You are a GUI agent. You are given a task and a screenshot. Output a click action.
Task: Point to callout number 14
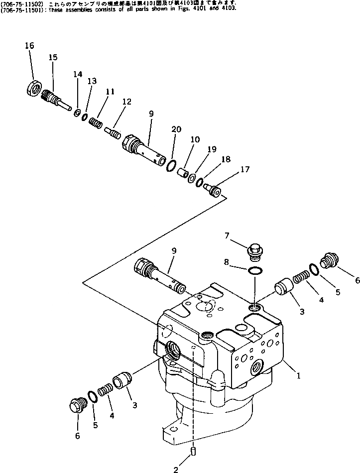tap(77, 74)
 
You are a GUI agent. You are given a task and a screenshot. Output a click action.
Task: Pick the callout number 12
tap(126, 102)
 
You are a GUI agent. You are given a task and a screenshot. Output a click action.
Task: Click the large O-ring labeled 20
tap(170, 165)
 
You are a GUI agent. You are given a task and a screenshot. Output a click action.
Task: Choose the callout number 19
tap(212, 149)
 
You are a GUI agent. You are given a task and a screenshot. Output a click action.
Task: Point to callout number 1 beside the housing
tap(298, 377)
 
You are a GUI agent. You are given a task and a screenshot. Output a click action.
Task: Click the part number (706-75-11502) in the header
tap(18, 3)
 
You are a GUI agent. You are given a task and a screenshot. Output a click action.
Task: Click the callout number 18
tap(226, 159)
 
